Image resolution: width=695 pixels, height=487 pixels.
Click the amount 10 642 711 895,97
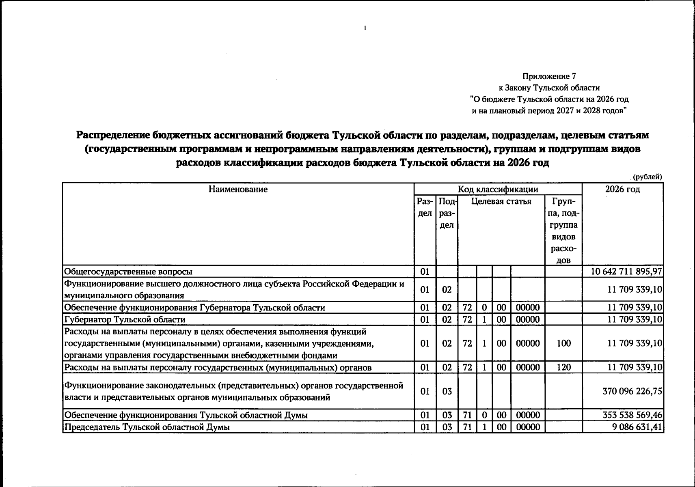point(627,272)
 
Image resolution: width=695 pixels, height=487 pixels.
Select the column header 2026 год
point(622,189)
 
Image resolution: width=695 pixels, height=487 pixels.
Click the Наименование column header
point(238,189)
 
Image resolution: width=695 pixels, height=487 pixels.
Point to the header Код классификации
point(498,189)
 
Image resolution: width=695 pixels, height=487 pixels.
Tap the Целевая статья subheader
point(501,201)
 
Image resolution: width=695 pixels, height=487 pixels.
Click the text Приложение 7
point(549,76)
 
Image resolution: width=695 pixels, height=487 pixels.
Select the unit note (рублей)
point(647,177)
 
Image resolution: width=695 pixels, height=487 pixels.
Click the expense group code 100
point(563,343)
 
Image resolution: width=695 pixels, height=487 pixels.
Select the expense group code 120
point(563,368)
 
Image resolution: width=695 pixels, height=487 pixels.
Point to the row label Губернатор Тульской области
point(125,319)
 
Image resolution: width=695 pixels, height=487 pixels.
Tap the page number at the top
point(365,28)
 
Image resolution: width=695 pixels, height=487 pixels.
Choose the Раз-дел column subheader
point(425,207)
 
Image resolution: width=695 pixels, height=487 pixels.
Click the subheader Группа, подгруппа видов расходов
point(563,231)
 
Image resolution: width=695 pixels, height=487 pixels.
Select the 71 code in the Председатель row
point(467,427)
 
